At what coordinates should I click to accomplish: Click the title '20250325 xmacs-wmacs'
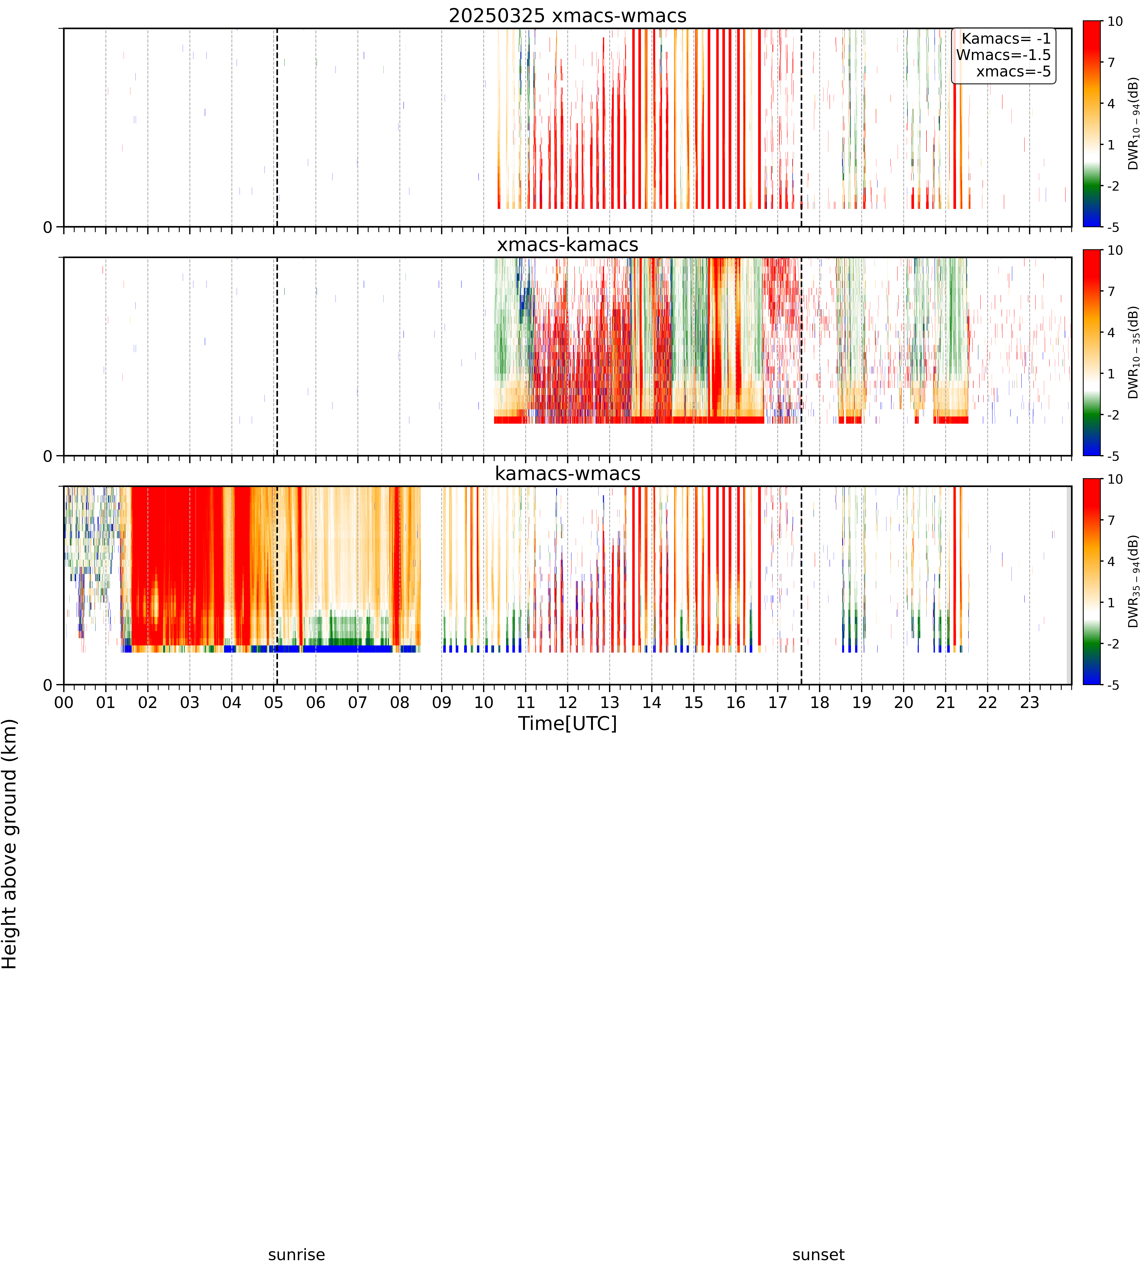coord(568,16)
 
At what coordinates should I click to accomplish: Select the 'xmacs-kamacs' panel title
coord(568,245)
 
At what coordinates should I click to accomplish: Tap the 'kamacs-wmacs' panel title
coord(568,473)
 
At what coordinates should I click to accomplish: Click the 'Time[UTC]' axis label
coord(568,723)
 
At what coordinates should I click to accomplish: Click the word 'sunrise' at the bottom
coord(296,1255)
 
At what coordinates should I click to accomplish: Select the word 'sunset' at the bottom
coord(818,1255)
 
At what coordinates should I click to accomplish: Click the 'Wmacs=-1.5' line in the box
coord(1004,55)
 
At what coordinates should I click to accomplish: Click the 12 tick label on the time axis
coord(568,702)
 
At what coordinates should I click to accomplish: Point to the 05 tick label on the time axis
coord(274,702)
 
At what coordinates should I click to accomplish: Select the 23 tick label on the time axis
coord(1029,702)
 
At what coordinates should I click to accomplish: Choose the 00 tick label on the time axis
coord(64,702)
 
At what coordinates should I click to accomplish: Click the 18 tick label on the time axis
coord(819,702)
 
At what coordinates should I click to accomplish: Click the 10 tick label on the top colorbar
coord(1115,21)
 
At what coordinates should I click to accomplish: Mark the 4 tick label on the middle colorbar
coord(1111,332)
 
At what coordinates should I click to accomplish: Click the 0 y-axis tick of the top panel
coord(48,227)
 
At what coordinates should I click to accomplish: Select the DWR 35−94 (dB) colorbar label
coord(1133,581)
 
